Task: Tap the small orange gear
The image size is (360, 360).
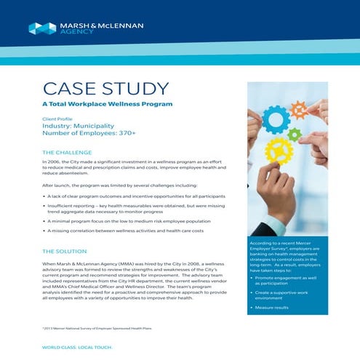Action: pyautogui.click(x=299, y=109)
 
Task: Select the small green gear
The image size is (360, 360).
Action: pyautogui.click(x=294, y=135)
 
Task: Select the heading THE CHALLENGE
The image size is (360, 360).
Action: pyautogui.click(x=68, y=153)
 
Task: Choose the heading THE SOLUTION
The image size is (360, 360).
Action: pyautogui.click(x=66, y=251)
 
